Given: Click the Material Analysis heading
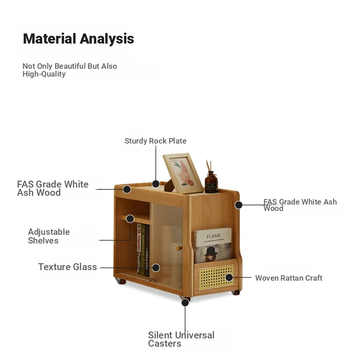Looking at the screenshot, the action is (78, 39).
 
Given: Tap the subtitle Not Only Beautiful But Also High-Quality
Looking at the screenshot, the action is (70, 70).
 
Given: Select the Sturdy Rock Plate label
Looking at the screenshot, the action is (155, 141).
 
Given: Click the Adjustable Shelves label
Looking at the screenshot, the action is (49, 236).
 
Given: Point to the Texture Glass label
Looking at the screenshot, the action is (67, 267).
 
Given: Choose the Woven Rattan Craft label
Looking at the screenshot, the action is (289, 278).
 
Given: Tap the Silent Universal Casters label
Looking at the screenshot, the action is (181, 339).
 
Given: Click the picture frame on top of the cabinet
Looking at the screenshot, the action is (183, 173).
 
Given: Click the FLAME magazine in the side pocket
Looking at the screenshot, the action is (213, 245).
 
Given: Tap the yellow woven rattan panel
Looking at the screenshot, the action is (216, 277).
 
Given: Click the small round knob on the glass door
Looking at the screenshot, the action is (179, 249).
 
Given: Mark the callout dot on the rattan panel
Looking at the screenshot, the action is (229, 277).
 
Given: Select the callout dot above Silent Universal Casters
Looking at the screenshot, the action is (185, 303).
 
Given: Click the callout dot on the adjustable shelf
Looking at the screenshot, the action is (130, 219).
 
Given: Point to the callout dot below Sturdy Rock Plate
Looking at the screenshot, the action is (156, 184).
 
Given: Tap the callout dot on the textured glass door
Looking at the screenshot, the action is (156, 268).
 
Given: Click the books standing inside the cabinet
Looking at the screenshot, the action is (143, 250).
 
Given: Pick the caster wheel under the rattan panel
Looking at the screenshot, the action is (236, 293).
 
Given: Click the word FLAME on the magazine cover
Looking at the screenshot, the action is (214, 236).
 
